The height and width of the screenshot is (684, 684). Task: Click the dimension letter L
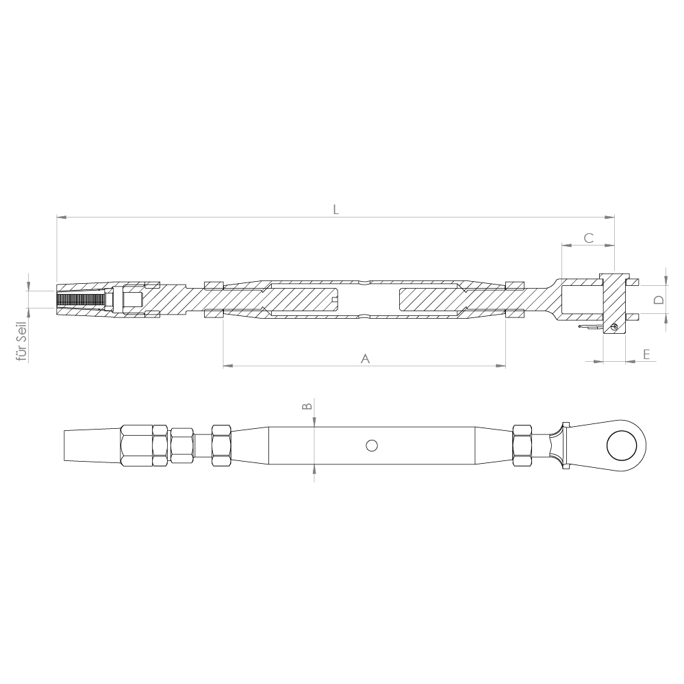(335, 209)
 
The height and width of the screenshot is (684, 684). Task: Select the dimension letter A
(365, 358)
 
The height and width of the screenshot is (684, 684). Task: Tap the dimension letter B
(307, 406)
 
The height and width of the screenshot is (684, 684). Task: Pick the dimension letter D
(658, 300)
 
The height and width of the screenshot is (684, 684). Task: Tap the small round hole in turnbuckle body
(372, 445)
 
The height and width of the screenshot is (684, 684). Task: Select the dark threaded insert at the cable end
(82, 300)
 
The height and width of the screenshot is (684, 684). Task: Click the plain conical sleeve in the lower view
(92, 445)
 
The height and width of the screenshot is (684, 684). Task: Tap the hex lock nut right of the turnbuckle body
(522, 445)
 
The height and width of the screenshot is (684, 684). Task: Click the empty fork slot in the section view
(580, 300)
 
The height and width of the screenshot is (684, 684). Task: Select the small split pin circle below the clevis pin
(614, 326)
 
